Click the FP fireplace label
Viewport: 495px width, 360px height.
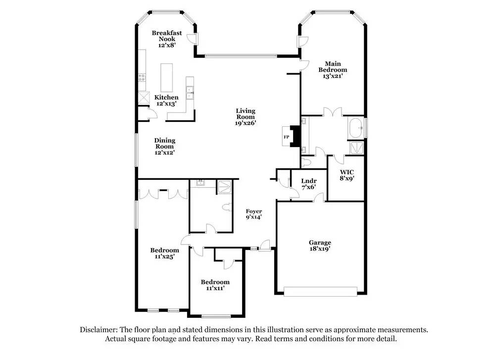click(286, 137)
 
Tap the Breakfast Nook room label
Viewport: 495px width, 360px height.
click(167, 36)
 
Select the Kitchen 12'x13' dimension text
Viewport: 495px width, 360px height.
click(166, 103)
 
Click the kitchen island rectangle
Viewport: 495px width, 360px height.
click(167, 78)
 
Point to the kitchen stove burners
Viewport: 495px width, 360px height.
click(142, 77)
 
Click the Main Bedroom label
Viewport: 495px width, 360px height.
click(333, 67)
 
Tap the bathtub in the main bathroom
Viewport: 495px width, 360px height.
click(356, 128)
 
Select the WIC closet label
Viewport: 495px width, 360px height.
click(346, 172)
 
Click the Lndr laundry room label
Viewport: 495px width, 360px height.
click(309, 181)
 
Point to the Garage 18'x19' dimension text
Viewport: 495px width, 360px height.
click(320, 249)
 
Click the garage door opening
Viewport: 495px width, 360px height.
click(320, 292)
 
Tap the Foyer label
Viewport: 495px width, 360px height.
click(254, 211)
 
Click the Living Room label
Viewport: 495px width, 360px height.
click(246, 114)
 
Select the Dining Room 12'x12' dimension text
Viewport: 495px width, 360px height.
click(164, 153)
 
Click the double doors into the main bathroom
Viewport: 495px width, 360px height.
click(333, 112)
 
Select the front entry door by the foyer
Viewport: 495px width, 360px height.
click(264, 246)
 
